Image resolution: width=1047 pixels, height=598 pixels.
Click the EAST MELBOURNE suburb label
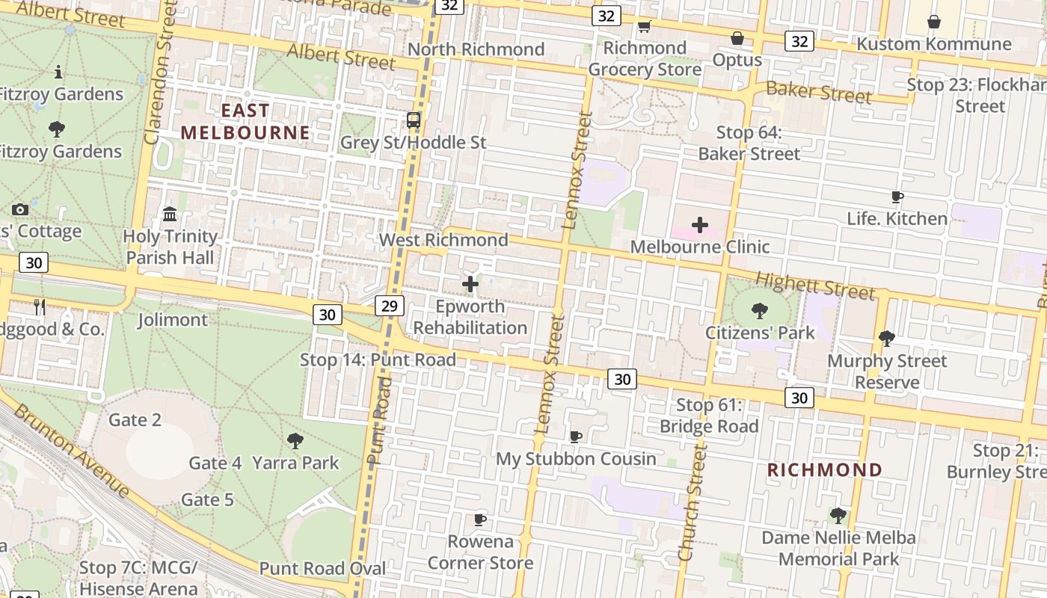pos(245,122)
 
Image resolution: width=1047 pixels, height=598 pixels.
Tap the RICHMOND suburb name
pos(825,470)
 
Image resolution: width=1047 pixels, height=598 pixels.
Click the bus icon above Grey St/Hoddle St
pos(413,120)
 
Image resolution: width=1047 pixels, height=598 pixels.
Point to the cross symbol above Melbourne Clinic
pos(700,225)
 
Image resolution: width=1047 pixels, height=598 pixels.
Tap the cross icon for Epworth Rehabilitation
pos(470,284)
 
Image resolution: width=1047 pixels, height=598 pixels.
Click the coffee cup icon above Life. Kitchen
pos(897,197)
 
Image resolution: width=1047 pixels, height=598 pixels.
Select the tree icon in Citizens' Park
pos(760,310)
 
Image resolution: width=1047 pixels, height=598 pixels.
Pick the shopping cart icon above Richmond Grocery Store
pos(644,27)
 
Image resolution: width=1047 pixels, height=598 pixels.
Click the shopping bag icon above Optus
pos(737,38)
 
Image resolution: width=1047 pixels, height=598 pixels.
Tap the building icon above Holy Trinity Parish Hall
pos(170,215)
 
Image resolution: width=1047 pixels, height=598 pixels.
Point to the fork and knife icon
pos(40,306)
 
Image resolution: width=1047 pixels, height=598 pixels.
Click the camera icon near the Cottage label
pos(20,210)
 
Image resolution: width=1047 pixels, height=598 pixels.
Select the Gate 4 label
pos(215,463)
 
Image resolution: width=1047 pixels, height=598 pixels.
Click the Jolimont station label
pos(173,320)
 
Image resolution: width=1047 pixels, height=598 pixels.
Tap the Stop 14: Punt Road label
pos(378,360)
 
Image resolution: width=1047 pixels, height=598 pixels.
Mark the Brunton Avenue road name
pos(72,451)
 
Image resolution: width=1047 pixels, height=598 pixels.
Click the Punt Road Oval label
pos(322,568)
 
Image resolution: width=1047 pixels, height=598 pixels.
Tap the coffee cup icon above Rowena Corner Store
pos(480,520)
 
